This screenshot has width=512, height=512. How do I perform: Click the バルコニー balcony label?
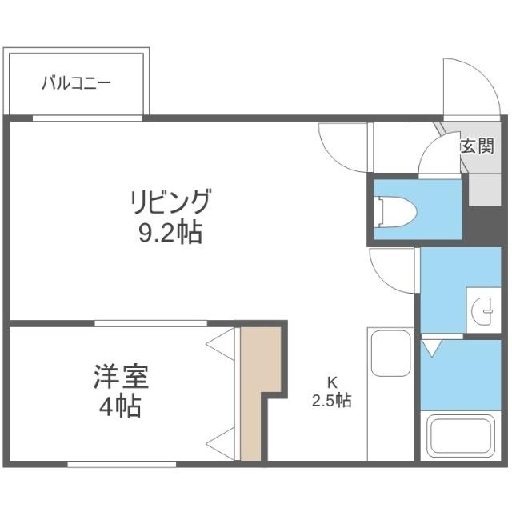77,83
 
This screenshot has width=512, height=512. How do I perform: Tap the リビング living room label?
171,201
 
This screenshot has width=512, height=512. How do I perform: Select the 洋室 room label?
122,376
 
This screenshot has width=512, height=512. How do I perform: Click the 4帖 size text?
122,406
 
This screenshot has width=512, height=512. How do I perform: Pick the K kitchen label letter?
330,382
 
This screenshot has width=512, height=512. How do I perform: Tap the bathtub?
463,437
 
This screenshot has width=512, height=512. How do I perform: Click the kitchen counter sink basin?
389,352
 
